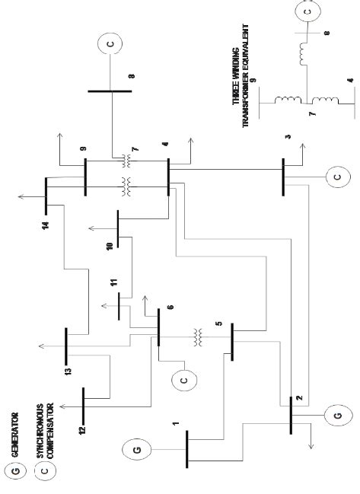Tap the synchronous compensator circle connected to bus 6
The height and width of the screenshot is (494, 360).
click(184, 378)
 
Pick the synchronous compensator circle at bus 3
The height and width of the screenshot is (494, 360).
click(336, 177)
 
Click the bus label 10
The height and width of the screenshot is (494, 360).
click(108, 245)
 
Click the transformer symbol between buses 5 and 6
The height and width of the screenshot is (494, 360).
click(198, 335)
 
